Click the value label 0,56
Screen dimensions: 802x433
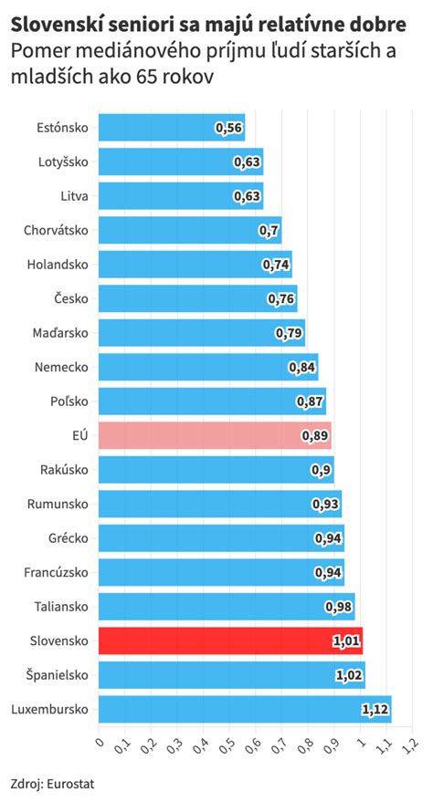click(229, 128)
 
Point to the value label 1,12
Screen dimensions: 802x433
click(375, 709)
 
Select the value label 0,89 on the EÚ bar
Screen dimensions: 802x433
click(315, 435)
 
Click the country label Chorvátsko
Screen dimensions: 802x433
click(56, 230)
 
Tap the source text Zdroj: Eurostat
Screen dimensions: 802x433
click(52, 783)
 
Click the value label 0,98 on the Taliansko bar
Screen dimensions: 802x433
click(339, 607)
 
